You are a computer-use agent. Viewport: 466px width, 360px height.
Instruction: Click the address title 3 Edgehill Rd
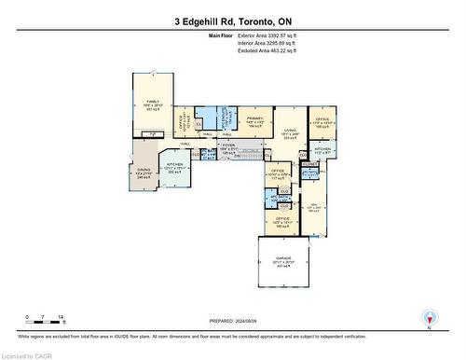pos(233,21)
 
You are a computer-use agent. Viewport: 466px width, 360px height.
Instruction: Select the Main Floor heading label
pos(222,35)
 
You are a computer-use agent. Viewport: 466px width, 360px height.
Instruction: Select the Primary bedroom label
pos(254,120)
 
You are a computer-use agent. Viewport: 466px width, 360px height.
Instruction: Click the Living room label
pos(290,134)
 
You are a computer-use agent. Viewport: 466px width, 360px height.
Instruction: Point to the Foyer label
pos(228,146)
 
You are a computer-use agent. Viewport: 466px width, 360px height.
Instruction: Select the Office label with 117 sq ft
pos(279,174)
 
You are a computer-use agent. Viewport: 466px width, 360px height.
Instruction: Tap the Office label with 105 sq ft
pos(322,122)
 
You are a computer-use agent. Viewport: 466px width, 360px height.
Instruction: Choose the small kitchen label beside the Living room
pos(322,151)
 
